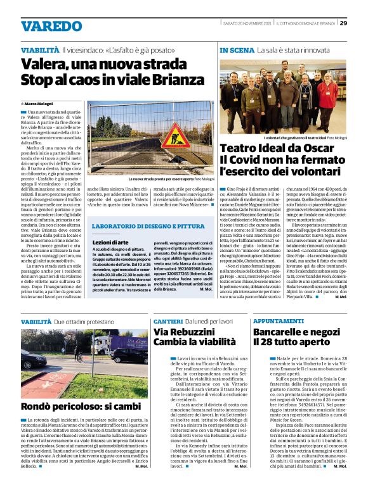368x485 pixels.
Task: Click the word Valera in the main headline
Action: pos(41,64)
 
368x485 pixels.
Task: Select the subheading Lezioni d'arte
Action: pos(110,242)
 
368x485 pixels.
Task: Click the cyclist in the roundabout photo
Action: pos(77,352)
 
